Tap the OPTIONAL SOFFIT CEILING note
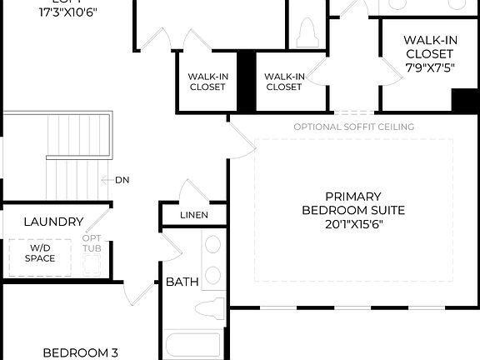[x=353, y=127]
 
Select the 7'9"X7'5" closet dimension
[x=429, y=68]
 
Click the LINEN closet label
[x=194, y=215]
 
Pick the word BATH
[x=182, y=282]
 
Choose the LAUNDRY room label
[x=53, y=222]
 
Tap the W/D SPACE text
[x=39, y=252]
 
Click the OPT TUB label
[x=92, y=244]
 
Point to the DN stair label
[x=122, y=180]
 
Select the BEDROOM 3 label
[x=80, y=352]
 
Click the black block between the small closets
[x=246, y=81]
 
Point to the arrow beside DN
[x=106, y=180]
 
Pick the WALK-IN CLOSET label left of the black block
[x=207, y=81]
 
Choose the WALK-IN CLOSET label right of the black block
[x=283, y=81]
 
